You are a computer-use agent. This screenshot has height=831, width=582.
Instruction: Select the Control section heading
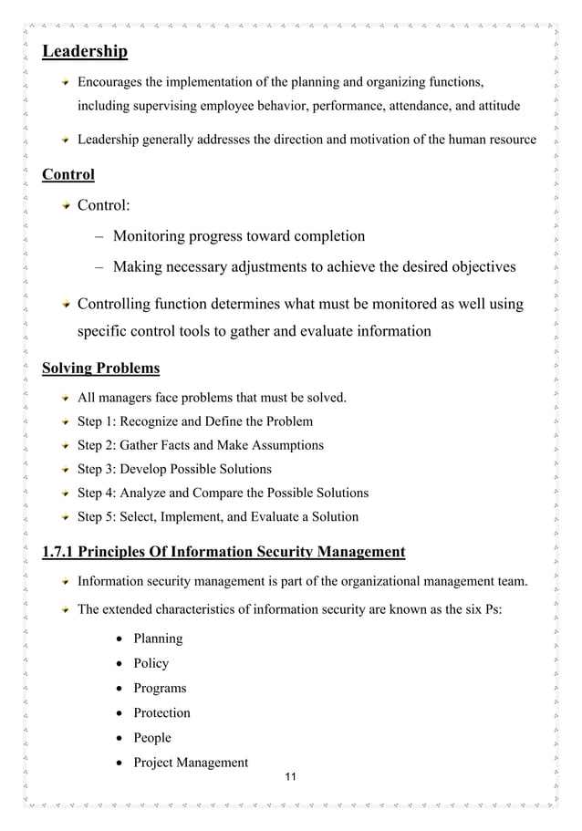[x=68, y=173]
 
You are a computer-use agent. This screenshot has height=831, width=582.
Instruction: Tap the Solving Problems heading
[x=101, y=369]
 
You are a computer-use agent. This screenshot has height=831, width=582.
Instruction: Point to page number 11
[x=291, y=776]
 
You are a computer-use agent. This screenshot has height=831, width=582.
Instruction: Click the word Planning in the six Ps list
[x=158, y=639]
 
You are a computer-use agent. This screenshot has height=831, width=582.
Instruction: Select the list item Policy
[x=151, y=663]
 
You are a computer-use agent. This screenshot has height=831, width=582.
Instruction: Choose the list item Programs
[x=160, y=688]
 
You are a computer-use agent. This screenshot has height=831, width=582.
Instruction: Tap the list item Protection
[x=161, y=712]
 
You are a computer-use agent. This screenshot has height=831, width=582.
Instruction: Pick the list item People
[x=152, y=737]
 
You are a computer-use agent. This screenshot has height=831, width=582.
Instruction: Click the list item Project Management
[x=191, y=762]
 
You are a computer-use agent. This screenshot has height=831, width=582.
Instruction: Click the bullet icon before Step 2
[x=66, y=446]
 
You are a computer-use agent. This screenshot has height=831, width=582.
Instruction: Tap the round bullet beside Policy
[x=120, y=664]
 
